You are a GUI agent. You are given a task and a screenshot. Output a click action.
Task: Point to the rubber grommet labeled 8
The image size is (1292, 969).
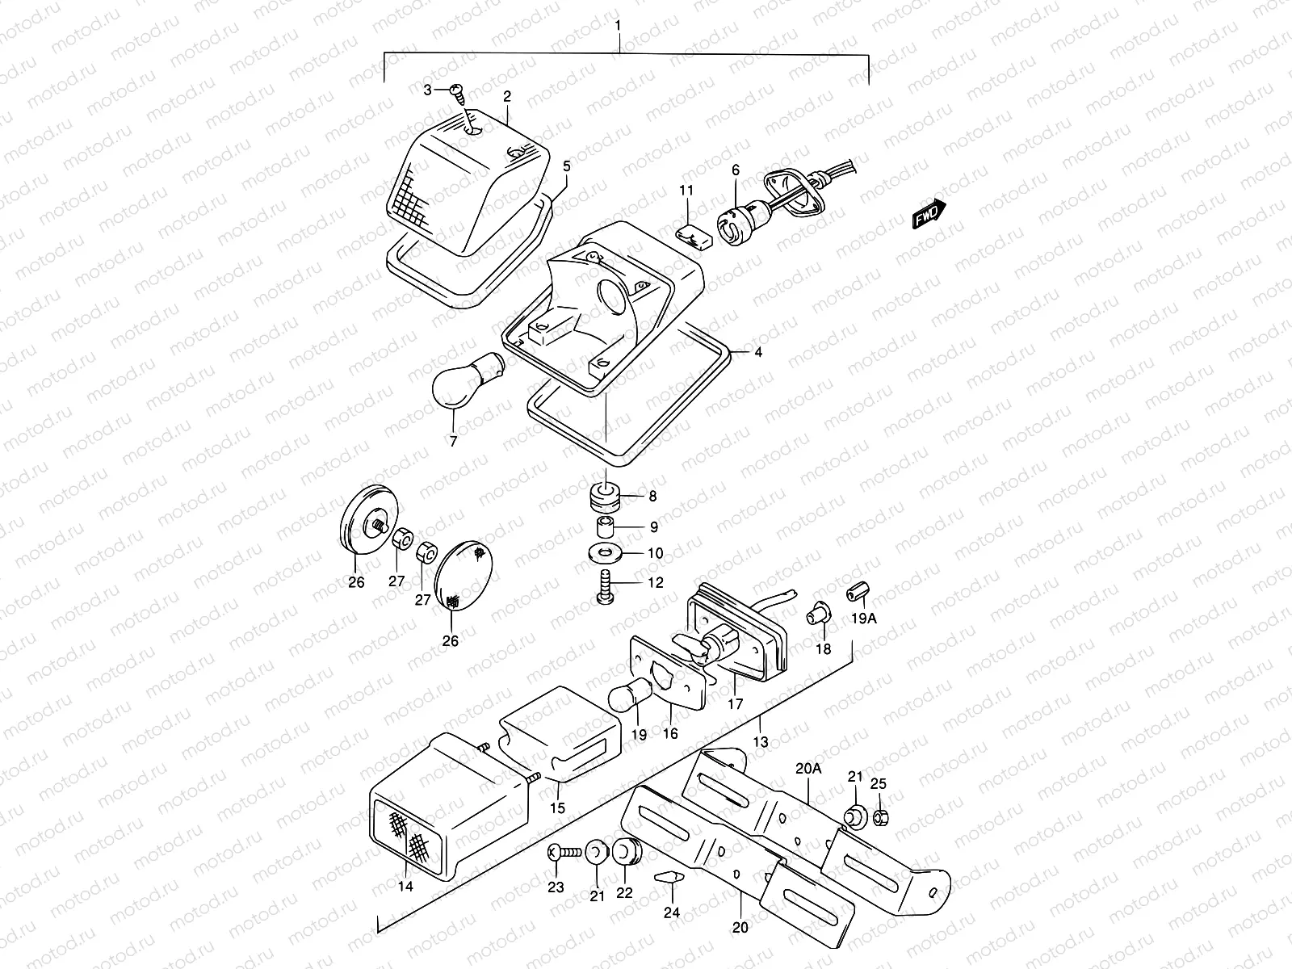coord(606,497)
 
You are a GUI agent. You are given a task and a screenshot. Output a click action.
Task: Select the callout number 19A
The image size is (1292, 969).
coord(862,619)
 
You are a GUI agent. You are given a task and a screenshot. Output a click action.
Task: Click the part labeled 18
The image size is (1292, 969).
coord(819,615)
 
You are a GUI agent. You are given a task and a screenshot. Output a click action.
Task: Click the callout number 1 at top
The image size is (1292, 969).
coord(618,26)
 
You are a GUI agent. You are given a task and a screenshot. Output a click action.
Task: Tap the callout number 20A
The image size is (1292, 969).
coord(807,769)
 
